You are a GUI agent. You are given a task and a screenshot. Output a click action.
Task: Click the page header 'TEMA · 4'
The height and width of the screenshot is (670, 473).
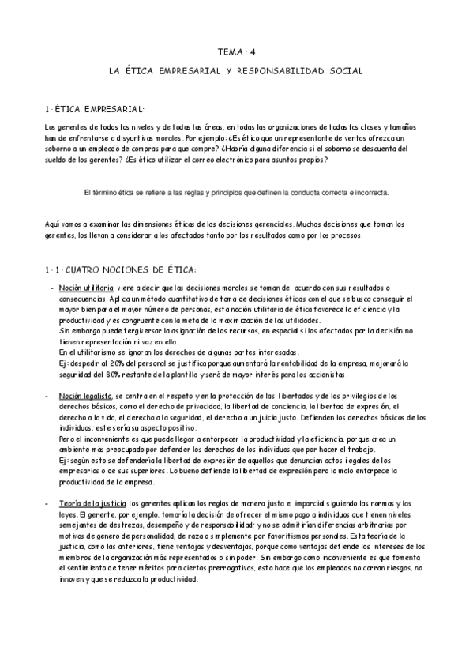[237, 52]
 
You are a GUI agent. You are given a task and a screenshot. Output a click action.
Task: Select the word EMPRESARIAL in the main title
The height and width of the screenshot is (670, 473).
[191, 71]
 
